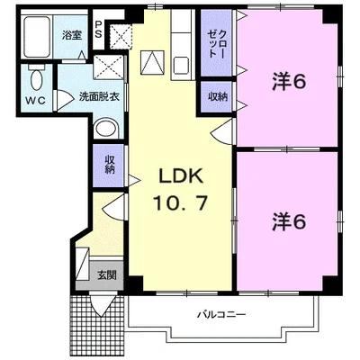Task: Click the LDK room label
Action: pos(181,175)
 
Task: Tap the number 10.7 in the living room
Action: pos(180,202)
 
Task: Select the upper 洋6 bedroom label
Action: pos(289,82)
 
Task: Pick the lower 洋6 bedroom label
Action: pos(289,222)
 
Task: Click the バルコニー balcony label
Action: pos(221,315)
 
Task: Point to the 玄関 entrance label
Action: pos(107,274)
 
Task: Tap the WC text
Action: pos(35,101)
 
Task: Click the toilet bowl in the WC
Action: pos(37,77)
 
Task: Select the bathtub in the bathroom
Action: pos(37,37)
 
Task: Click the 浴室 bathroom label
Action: pos(72,35)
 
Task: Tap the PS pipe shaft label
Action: pos(98,29)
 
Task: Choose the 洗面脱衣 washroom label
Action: pos(99,96)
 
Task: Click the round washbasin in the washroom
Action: pos(106,130)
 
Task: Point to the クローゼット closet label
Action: pos(217,44)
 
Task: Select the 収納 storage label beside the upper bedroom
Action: pos(218,96)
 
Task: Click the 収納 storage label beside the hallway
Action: pos(110,164)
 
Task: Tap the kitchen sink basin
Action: pos(181,66)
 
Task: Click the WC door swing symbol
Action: pos(64,101)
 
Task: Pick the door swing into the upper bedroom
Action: pos(222,131)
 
